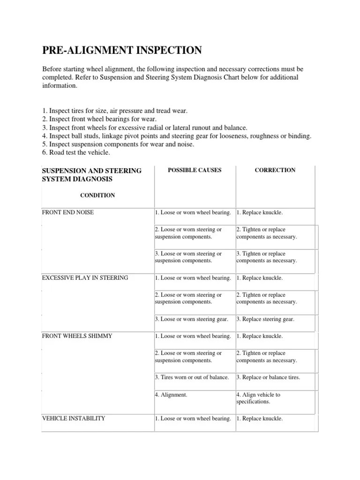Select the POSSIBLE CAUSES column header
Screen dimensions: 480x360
pos(195,170)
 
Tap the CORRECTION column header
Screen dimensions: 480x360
pos(275,170)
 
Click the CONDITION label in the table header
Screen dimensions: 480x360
pos(97,195)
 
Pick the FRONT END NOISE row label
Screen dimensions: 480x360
pos(68,212)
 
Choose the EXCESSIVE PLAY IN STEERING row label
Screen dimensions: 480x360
pos(85,278)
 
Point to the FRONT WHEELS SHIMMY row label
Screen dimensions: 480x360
pos(77,336)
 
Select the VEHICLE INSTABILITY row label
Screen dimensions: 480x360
pos(74,419)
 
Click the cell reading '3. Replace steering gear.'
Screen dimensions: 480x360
pos(265,319)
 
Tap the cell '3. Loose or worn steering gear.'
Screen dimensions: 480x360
pos(192,319)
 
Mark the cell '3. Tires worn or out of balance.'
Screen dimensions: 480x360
pos(192,377)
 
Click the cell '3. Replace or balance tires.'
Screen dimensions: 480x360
pos(268,377)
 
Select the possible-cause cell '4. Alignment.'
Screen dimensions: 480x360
pos(171,395)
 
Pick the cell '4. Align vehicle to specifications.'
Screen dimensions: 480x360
pos(258,398)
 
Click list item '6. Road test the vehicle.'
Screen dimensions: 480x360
pos(76,152)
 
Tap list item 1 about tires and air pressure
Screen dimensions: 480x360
pos(115,111)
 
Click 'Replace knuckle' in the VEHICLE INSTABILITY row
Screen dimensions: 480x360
pos(260,419)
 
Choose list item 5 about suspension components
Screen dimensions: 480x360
pos(118,144)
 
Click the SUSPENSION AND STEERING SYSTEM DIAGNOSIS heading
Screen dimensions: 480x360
pos(92,174)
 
